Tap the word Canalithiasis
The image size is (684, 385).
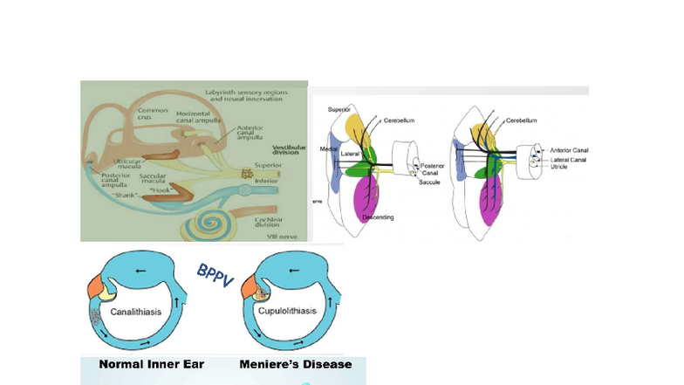(x=133, y=310)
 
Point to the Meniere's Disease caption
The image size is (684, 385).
(x=296, y=363)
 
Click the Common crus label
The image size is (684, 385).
(x=154, y=115)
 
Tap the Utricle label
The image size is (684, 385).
(x=558, y=167)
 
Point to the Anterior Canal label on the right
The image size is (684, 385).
(x=569, y=150)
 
